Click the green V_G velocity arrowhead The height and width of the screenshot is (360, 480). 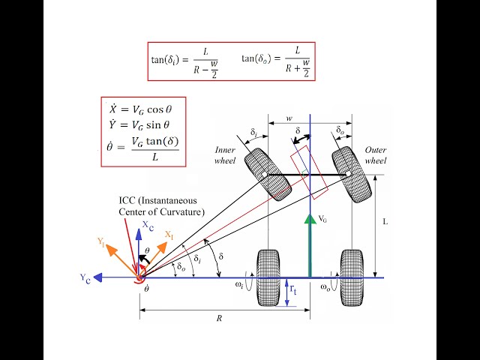(x=310, y=218)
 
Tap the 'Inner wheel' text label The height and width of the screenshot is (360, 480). (x=225, y=155)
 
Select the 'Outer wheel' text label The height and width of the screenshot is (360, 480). (x=376, y=155)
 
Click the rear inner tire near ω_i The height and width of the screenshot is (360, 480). (x=268, y=277)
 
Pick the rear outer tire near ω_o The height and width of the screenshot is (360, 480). (x=352, y=277)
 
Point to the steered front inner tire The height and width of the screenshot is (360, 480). (x=268, y=175)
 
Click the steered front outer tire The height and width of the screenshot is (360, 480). (x=352, y=174)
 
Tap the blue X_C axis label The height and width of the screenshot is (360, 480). (x=148, y=226)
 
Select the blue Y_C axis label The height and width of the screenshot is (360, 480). (x=85, y=278)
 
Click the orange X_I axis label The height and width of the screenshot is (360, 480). (x=169, y=235)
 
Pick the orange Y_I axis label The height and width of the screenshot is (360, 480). (x=102, y=241)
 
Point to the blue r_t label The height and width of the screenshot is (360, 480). (x=293, y=289)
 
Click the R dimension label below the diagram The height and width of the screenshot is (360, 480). (x=219, y=318)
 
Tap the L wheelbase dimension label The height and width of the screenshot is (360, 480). (x=385, y=222)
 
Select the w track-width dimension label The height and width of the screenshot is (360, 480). (x=289, y=118)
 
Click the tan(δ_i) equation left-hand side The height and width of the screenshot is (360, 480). (x=165, y=59)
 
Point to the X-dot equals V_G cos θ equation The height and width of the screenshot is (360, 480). (x=140, y=109)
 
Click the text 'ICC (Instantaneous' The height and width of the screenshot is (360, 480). (x=157, y=201)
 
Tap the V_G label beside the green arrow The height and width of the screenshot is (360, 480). (x=322, y=218)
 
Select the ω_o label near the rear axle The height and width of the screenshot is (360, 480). (x=325, y=287)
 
